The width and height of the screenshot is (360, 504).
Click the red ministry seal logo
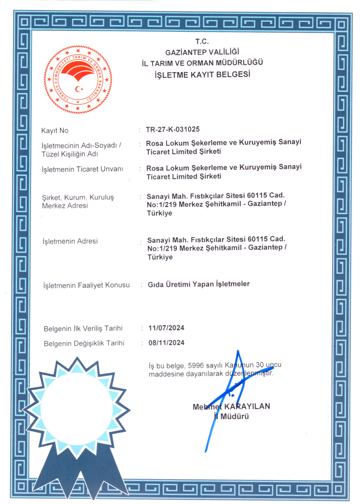click(x=78, y=79)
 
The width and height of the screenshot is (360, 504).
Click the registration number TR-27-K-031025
click(x=172, y=129)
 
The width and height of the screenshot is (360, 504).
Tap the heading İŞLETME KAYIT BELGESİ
click(x=202, y=75)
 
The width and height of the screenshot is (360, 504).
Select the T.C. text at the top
click(x=202, y=41)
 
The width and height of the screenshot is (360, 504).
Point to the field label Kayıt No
click(x=55, y=130)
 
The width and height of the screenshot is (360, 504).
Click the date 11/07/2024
click(x=166, y=328)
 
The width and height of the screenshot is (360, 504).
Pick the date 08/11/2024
click(x=166, y=343)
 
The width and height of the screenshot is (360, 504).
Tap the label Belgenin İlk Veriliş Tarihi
click(x=83, y=328)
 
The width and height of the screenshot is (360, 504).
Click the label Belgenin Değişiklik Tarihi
click(x=84, y=343)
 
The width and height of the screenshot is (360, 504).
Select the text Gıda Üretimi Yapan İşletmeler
click(x=199, y=284)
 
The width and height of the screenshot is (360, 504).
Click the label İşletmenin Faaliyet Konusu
click(x=86, y=285)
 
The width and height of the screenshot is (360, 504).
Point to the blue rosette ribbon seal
click(x=77, y=414)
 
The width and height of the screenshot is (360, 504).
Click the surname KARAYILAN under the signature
click(x=247, y=406)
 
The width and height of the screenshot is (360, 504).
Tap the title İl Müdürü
click(x=231, y=417)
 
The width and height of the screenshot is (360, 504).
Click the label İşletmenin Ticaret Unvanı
click(x=82, y=169)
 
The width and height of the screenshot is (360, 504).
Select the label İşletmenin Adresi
click(x=70, y=241)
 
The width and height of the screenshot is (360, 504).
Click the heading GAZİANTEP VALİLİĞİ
click(x=202, y=52)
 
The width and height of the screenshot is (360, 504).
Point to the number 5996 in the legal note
click(x=196, y=365)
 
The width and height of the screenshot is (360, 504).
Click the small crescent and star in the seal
click(x=79, y=89)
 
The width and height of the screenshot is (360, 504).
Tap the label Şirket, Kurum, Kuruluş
click(x=78, y=197)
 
